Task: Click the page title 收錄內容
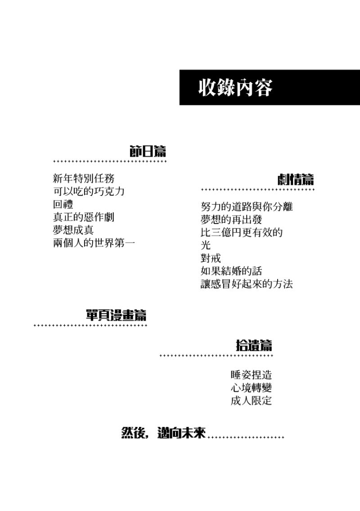(235, 87)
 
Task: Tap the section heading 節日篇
(148, 152)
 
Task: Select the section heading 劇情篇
(296, 179)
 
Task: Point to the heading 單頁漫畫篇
(116, 315)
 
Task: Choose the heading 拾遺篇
(254, 345)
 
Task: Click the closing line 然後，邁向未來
(163, 433)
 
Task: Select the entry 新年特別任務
(84, 178)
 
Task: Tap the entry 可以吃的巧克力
(89, 191)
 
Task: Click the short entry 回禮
(63, 204)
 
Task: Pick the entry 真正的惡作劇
(84, 217)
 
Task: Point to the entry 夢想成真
(73, 230)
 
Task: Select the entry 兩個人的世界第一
(94, 243)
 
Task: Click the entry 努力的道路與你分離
(247, 206)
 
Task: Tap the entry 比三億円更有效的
(242, 233)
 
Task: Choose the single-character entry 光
(206, 245)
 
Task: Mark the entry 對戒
(211, 258)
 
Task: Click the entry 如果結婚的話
(231, 271)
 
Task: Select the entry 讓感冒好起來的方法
(247, 284)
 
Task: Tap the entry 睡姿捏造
(251, 375)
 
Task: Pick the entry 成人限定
(251, 400)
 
